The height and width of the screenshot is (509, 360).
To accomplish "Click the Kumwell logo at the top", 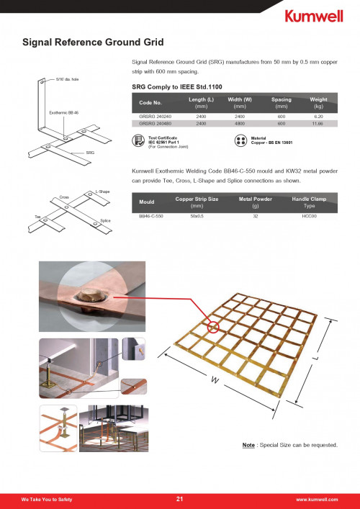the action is point(314,16).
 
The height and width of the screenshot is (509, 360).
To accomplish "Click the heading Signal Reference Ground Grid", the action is point(93,42).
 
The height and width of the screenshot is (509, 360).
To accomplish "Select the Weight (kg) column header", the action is point(318,102).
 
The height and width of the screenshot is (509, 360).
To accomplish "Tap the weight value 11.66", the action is point(318,124).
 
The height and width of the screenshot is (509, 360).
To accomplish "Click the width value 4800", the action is point(240,124).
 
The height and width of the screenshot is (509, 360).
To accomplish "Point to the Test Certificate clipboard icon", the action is point(138,140).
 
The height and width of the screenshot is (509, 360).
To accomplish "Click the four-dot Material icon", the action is point(240,140).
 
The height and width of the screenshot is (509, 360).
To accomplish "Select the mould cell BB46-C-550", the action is point(151,216).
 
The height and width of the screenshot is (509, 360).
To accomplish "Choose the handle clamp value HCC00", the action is point(309,216).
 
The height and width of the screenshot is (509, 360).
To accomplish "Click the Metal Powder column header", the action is point(255,202).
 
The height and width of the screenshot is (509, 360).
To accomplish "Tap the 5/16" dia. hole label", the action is point(68,79).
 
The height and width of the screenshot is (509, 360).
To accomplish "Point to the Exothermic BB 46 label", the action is point(64,112).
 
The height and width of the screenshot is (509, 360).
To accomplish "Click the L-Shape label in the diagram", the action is point(102,192).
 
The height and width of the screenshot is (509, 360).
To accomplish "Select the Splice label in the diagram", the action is point(106,221).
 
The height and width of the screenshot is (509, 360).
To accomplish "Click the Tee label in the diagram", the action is point(37,217).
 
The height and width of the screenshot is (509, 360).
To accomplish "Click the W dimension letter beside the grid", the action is point(214,380).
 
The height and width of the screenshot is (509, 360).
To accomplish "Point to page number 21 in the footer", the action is point(179,499).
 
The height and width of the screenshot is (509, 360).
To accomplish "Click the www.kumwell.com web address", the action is point(317,500).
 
